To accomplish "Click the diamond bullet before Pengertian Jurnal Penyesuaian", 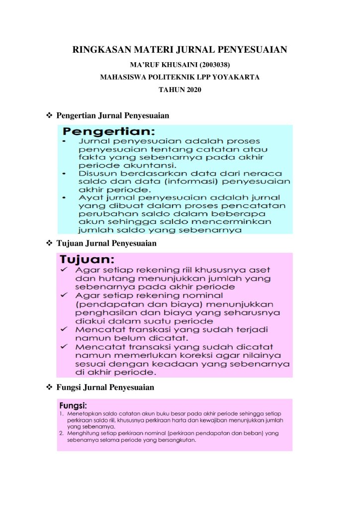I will (49, 115).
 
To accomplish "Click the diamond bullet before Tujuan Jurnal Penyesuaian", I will (49, 243).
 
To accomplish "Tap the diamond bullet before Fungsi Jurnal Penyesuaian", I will (49, 387).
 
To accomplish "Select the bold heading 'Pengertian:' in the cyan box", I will (109, 132).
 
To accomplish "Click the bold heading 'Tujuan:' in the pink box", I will (88, 259).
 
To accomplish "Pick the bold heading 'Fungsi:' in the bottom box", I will (73, 406).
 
